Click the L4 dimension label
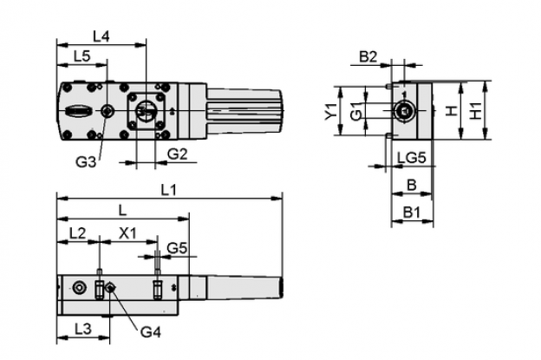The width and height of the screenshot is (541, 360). pos(101,36)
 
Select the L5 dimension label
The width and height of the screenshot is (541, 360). pos(82,56)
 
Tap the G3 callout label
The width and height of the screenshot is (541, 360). pos(86,162)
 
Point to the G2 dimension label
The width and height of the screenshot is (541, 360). pos(178,154)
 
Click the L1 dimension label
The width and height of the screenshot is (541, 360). pos(169,190)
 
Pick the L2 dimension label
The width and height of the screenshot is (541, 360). pos(77,233)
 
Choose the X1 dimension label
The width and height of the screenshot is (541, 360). pos(127,233)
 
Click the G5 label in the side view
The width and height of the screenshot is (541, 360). pos(177,248)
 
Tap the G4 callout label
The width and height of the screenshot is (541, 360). pos(151,332)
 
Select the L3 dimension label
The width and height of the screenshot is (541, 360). pos(83,329)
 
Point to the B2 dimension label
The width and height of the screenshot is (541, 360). pos(368,56)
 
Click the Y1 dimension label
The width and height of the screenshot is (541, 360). pos(331,112)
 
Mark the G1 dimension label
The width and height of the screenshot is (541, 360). pos(356,111)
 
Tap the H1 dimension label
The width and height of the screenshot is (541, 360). pos(476,111)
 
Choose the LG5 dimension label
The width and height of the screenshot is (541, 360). pos(412,159)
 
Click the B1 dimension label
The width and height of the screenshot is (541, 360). pos(412,213)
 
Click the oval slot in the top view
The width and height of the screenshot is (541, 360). pos(79,111)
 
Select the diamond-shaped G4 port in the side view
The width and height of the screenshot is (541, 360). pos(110,287)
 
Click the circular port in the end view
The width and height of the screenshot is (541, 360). pos(405,111)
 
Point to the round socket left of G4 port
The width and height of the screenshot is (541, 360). pos(80,287)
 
